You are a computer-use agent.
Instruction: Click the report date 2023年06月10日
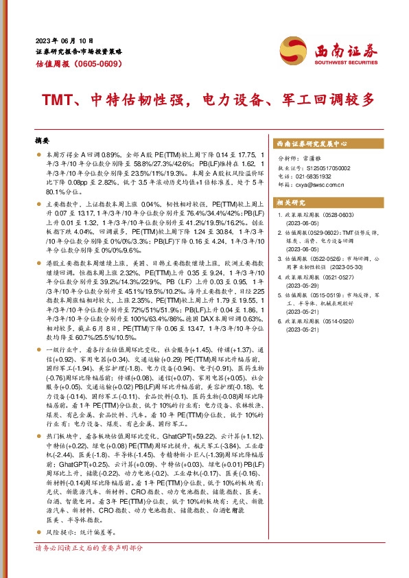click(x=64, y=41)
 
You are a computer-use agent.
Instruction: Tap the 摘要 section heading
click(x=43, y=139)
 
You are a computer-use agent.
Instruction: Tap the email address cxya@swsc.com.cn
click(x=322, y=184)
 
